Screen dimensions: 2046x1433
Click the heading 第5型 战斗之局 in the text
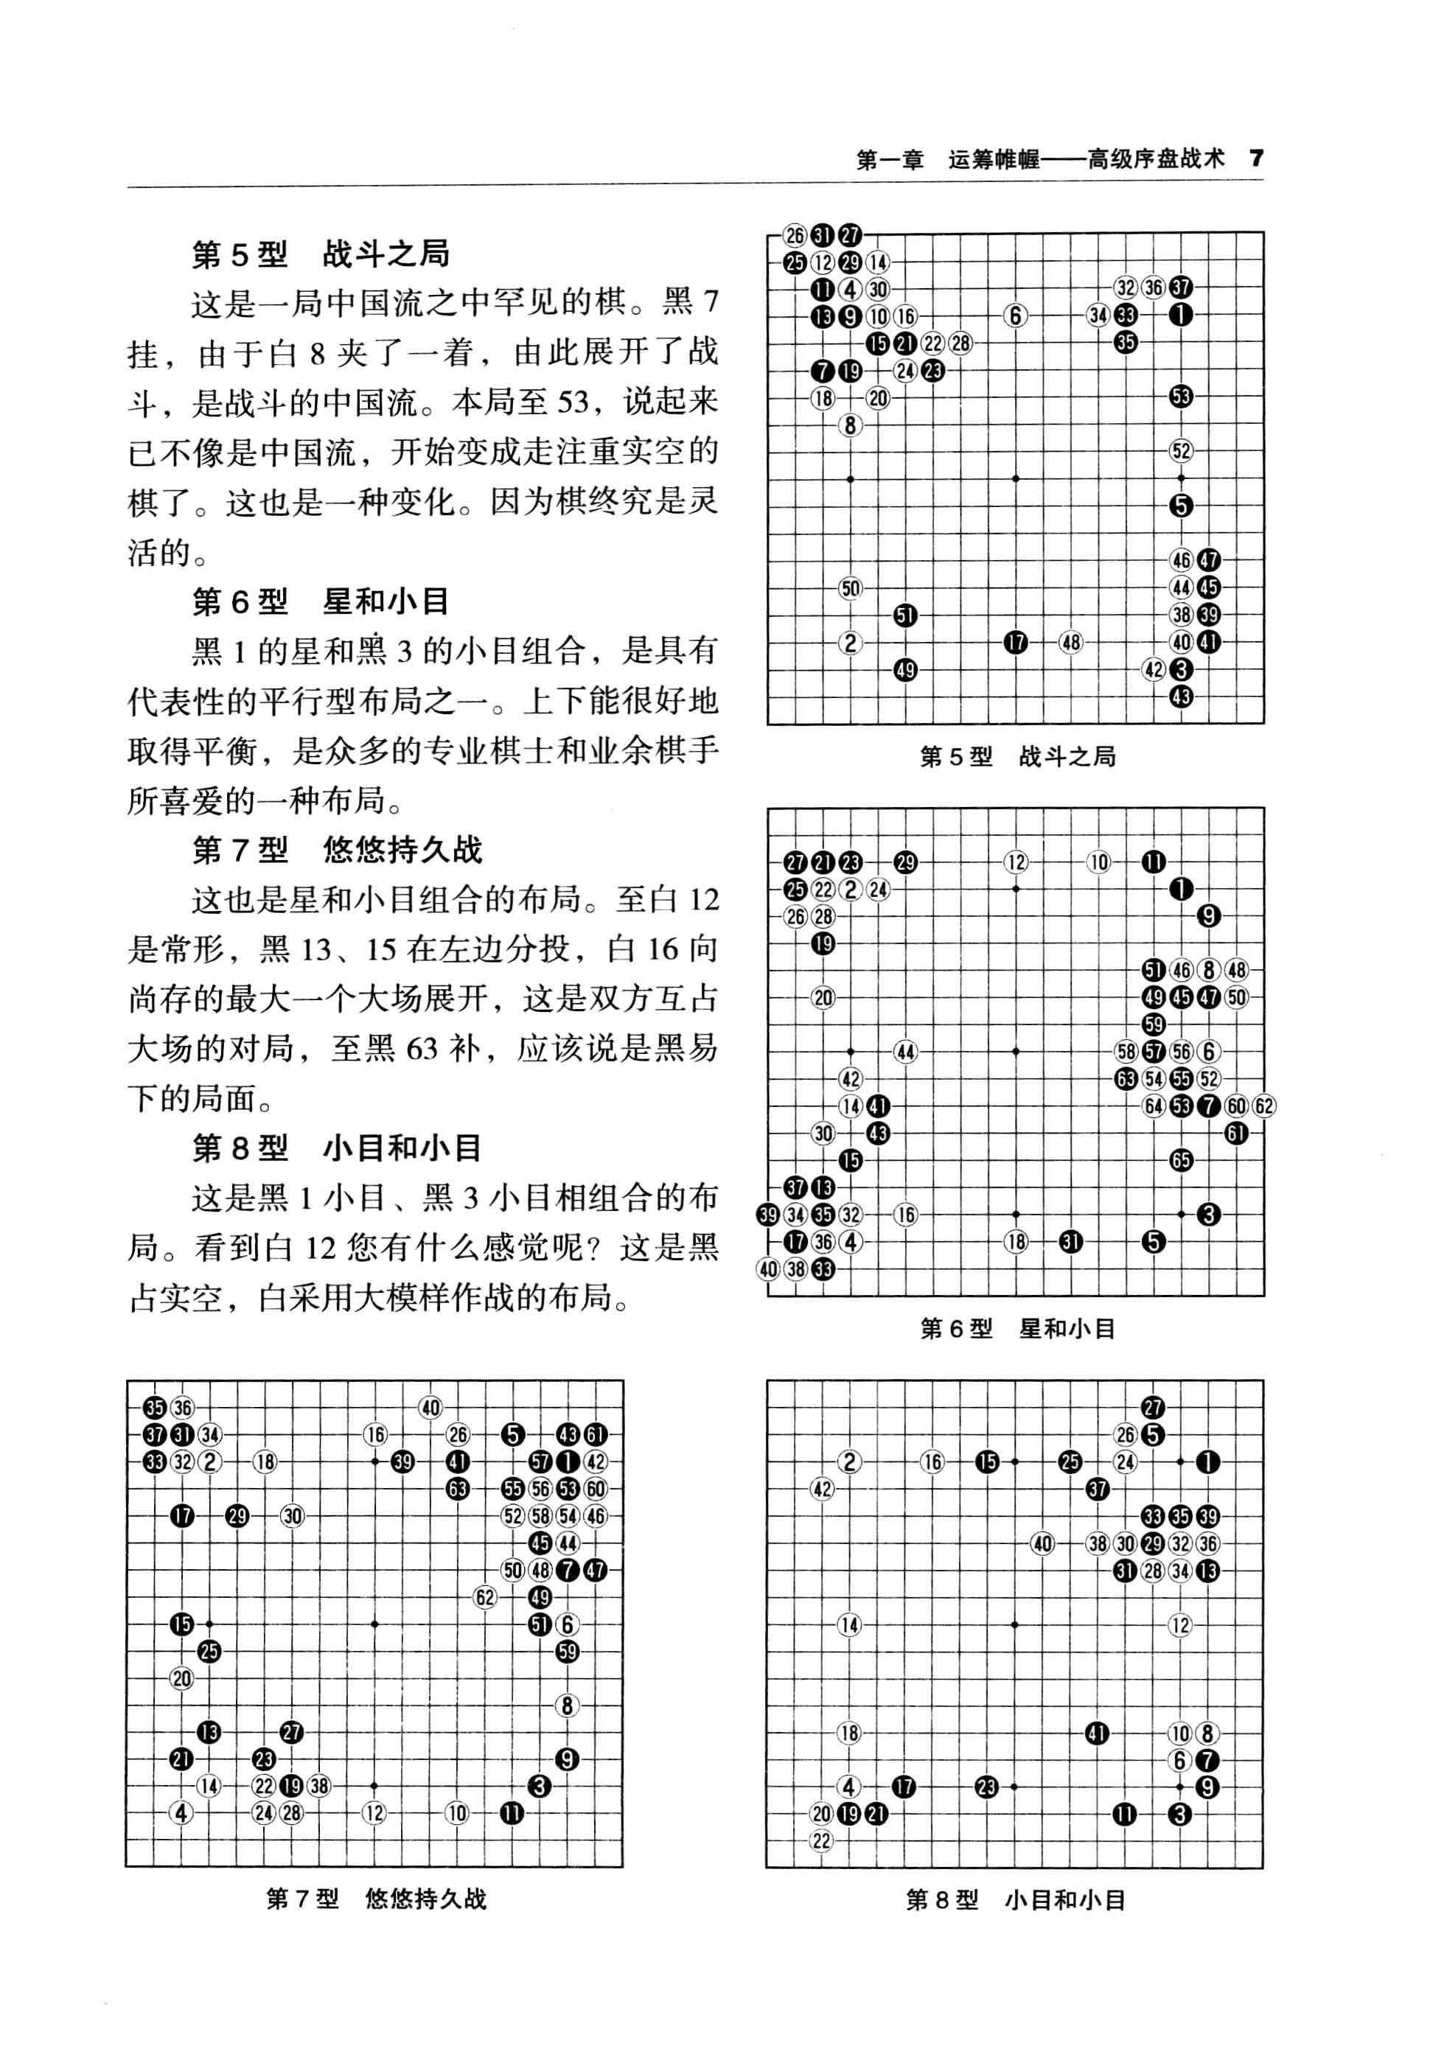(321, 255)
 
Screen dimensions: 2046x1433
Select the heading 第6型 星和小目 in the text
(321, 601)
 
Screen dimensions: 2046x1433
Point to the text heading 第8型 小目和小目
(337, 1148)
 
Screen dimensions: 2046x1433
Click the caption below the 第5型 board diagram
(1017, 756)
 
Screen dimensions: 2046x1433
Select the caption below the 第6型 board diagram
(1017, 1329)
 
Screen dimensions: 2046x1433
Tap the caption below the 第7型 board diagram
(376, 1899)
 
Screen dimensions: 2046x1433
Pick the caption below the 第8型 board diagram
(1015, 1900)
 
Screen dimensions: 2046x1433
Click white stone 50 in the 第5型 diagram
(850, 588)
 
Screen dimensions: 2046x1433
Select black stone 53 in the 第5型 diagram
(1181, 397)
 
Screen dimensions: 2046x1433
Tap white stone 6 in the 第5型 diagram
(1015, 315)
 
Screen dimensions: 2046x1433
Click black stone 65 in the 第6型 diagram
(1181, 1160)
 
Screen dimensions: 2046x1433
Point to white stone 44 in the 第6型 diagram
(905, 1052)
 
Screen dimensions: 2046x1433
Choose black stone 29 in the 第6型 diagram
(905, 862)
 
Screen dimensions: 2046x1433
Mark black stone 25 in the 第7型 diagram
(209, 1651)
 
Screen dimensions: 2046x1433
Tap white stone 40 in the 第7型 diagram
(430, 1408)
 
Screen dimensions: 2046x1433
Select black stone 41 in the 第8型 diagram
(1097, 1733)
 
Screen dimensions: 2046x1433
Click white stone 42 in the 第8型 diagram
(822, 1489)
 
